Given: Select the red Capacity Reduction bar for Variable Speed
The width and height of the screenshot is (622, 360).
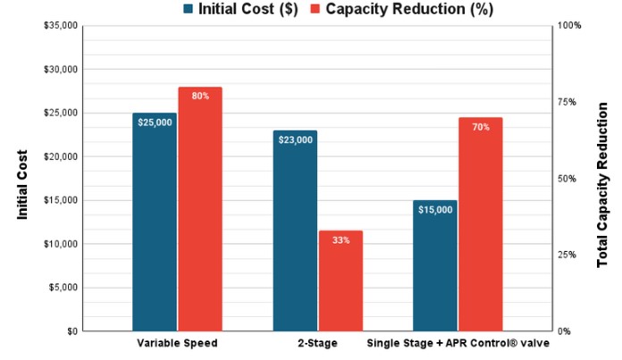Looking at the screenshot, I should click(x=199, y=214).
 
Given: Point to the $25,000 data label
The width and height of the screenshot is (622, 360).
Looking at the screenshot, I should click(x=155, y=122).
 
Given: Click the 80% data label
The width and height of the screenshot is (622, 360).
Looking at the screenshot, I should click(x=200, y=96).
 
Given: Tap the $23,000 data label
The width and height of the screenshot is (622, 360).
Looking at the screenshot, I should click(x=295, y=140).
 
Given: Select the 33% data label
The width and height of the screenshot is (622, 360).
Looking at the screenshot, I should click(x=340, y=240).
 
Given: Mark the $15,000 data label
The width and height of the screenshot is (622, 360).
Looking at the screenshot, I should click(x=435, y=210).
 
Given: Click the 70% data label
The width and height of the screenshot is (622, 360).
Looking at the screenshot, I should click(x=481, y=127).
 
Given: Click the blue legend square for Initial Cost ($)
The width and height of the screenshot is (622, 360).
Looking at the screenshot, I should click(x=188, y=9).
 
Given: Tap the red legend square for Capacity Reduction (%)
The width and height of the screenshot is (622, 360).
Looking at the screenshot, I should click(x=315, y=9).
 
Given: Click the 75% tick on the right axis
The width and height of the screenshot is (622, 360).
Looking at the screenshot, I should click(x=567, y=102).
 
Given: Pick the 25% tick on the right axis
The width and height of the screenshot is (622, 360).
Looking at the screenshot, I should click(x=567, y=255).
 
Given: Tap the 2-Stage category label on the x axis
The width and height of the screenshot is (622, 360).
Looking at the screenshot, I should click(x=318, y=342).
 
